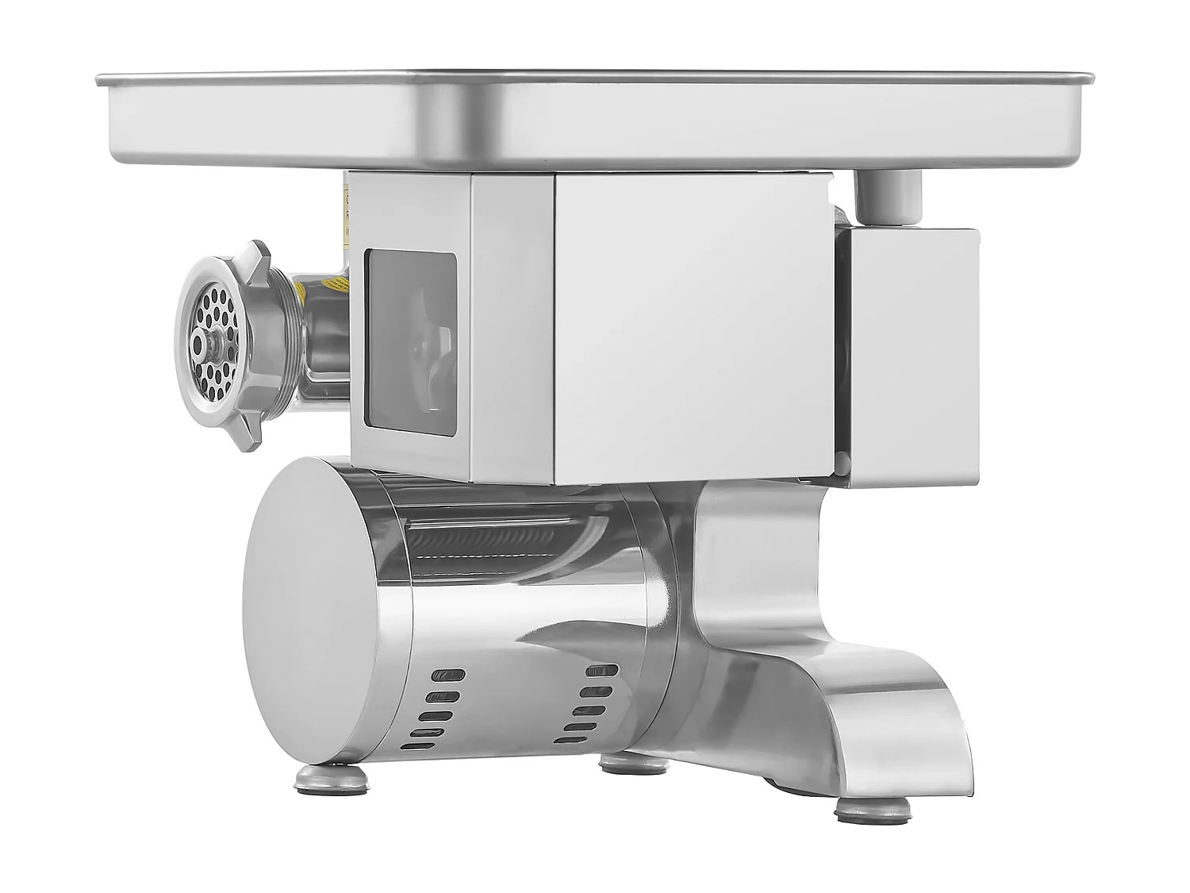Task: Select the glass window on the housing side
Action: click(x=410, y=343)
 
